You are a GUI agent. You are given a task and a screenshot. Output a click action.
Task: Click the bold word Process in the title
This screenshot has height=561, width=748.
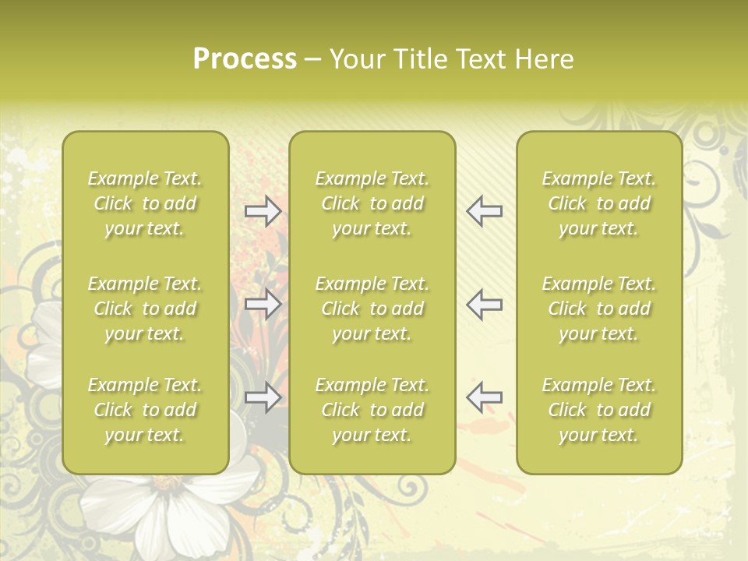click(x=245, y=59)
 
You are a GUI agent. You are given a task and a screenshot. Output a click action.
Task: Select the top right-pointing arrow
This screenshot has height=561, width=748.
click(x=263, y=211)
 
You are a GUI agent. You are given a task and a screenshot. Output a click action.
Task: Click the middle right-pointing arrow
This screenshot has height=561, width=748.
click(x=263, y=304)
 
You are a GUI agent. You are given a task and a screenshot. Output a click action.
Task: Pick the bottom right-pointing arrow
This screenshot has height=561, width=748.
click(x=263, y=397)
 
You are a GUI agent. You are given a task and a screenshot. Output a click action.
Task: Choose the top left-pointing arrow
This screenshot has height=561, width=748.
click(x=485, y=211)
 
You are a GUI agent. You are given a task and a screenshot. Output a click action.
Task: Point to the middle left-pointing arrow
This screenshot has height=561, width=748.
click(x=485, y=304)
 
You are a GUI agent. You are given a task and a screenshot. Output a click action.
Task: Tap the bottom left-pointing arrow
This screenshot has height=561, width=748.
click(x=485, y=397)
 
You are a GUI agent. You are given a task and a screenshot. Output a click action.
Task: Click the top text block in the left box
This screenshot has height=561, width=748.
click(x=145, y=203)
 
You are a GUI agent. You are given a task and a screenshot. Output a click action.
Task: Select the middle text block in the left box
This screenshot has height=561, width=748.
click(x=145, y=309)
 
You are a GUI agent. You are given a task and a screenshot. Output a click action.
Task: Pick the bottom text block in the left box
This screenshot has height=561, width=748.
click(x=145, y=410)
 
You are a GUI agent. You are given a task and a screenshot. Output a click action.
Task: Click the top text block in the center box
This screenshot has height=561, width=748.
click(x=372, y=203)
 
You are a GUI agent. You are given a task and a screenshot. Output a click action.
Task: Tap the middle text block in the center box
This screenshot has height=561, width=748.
click(x=372, y=309)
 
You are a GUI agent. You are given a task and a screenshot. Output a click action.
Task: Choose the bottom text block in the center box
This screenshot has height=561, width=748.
click(x=372, y=410)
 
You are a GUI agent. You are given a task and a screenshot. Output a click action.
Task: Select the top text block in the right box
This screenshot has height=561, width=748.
click(x=598, y=203)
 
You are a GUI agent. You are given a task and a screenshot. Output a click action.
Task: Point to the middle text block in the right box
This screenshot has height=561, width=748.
click(x=598, y=309)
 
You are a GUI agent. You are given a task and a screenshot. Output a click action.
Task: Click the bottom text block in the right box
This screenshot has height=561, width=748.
click(x=598, y=410)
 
